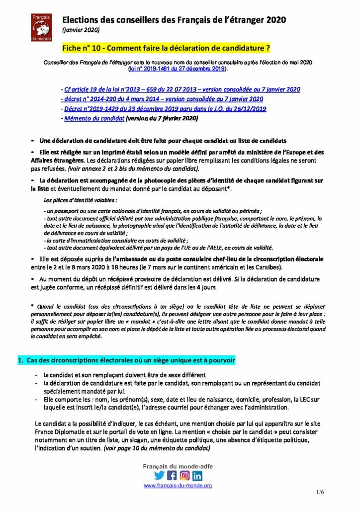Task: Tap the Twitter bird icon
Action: point(159,475)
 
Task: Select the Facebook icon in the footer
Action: point(172,475)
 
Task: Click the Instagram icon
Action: point(184,475)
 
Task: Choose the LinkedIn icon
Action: point(197,475)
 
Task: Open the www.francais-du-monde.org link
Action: point(178,485)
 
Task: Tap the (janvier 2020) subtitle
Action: point(81,30)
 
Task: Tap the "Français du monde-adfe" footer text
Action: point(178,465)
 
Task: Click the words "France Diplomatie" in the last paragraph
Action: point(58,432)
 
